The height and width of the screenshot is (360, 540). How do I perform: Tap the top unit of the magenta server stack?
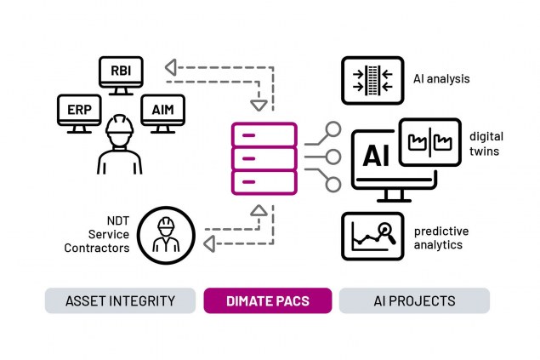[264, 135]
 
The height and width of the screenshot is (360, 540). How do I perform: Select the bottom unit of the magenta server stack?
[264, 182]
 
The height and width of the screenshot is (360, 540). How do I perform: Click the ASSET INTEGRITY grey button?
[120, 300]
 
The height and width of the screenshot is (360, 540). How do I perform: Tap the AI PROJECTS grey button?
[414, 300]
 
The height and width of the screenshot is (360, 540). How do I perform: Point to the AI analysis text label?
[441, 80]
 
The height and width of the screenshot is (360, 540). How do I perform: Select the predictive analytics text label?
[441, 237]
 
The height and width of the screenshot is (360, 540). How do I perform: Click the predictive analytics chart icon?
[372, 237]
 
